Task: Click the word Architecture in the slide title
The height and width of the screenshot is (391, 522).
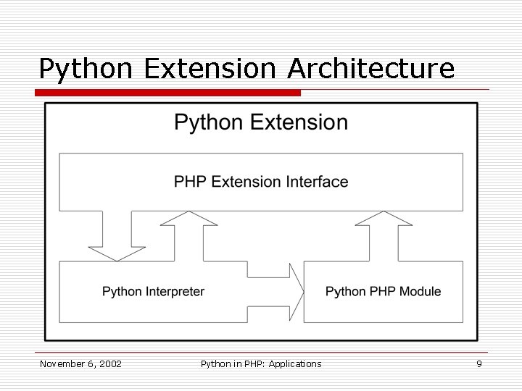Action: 370,68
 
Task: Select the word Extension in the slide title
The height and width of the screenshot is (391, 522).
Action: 210,68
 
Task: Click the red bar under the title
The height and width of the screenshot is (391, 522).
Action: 170,93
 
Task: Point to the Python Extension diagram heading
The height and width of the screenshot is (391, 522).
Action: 261,122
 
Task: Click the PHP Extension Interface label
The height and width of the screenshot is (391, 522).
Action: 261,181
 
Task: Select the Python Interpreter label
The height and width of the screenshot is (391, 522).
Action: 153,292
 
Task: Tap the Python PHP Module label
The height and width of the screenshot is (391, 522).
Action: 383,292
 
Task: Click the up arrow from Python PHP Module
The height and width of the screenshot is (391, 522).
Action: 383,235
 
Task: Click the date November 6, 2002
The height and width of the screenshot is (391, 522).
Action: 80,363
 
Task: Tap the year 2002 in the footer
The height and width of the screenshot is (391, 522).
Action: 109,363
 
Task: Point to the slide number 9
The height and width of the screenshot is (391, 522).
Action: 478,363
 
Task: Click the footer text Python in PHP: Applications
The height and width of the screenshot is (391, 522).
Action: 260,363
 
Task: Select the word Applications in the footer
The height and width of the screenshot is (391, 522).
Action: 294,363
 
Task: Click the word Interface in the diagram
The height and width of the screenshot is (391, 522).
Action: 320,181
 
